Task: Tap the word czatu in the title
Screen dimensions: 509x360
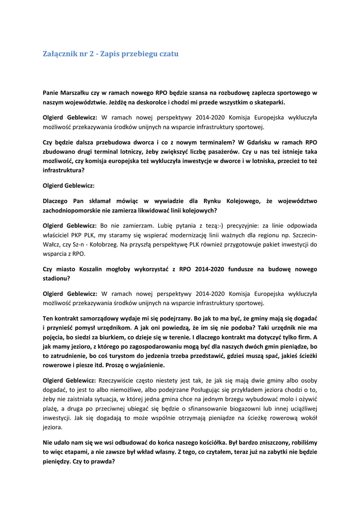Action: point(167,54)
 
